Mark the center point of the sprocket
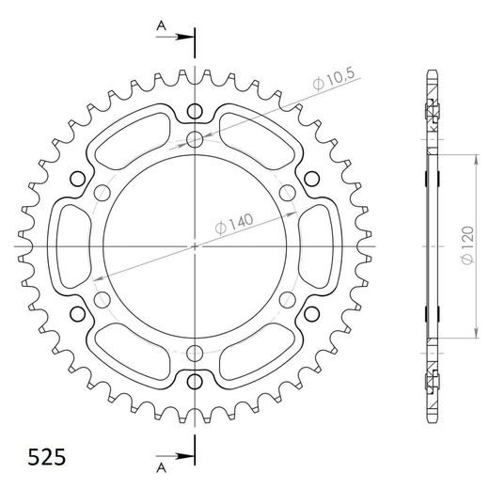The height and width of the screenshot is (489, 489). [195, 246]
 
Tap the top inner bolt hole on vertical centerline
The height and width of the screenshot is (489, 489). [195, 140]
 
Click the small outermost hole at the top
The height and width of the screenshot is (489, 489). [195, 110]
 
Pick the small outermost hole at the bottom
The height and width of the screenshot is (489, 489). [195, 383]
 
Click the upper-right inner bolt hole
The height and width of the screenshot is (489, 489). [287, 194]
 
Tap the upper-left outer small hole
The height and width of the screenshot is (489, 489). [77, 179]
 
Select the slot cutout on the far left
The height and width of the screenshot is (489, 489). [70, 246]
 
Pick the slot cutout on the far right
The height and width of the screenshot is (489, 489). [320, 246]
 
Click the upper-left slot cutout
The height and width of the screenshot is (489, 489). [132, 138]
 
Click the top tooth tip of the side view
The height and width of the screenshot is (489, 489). [431, 73]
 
